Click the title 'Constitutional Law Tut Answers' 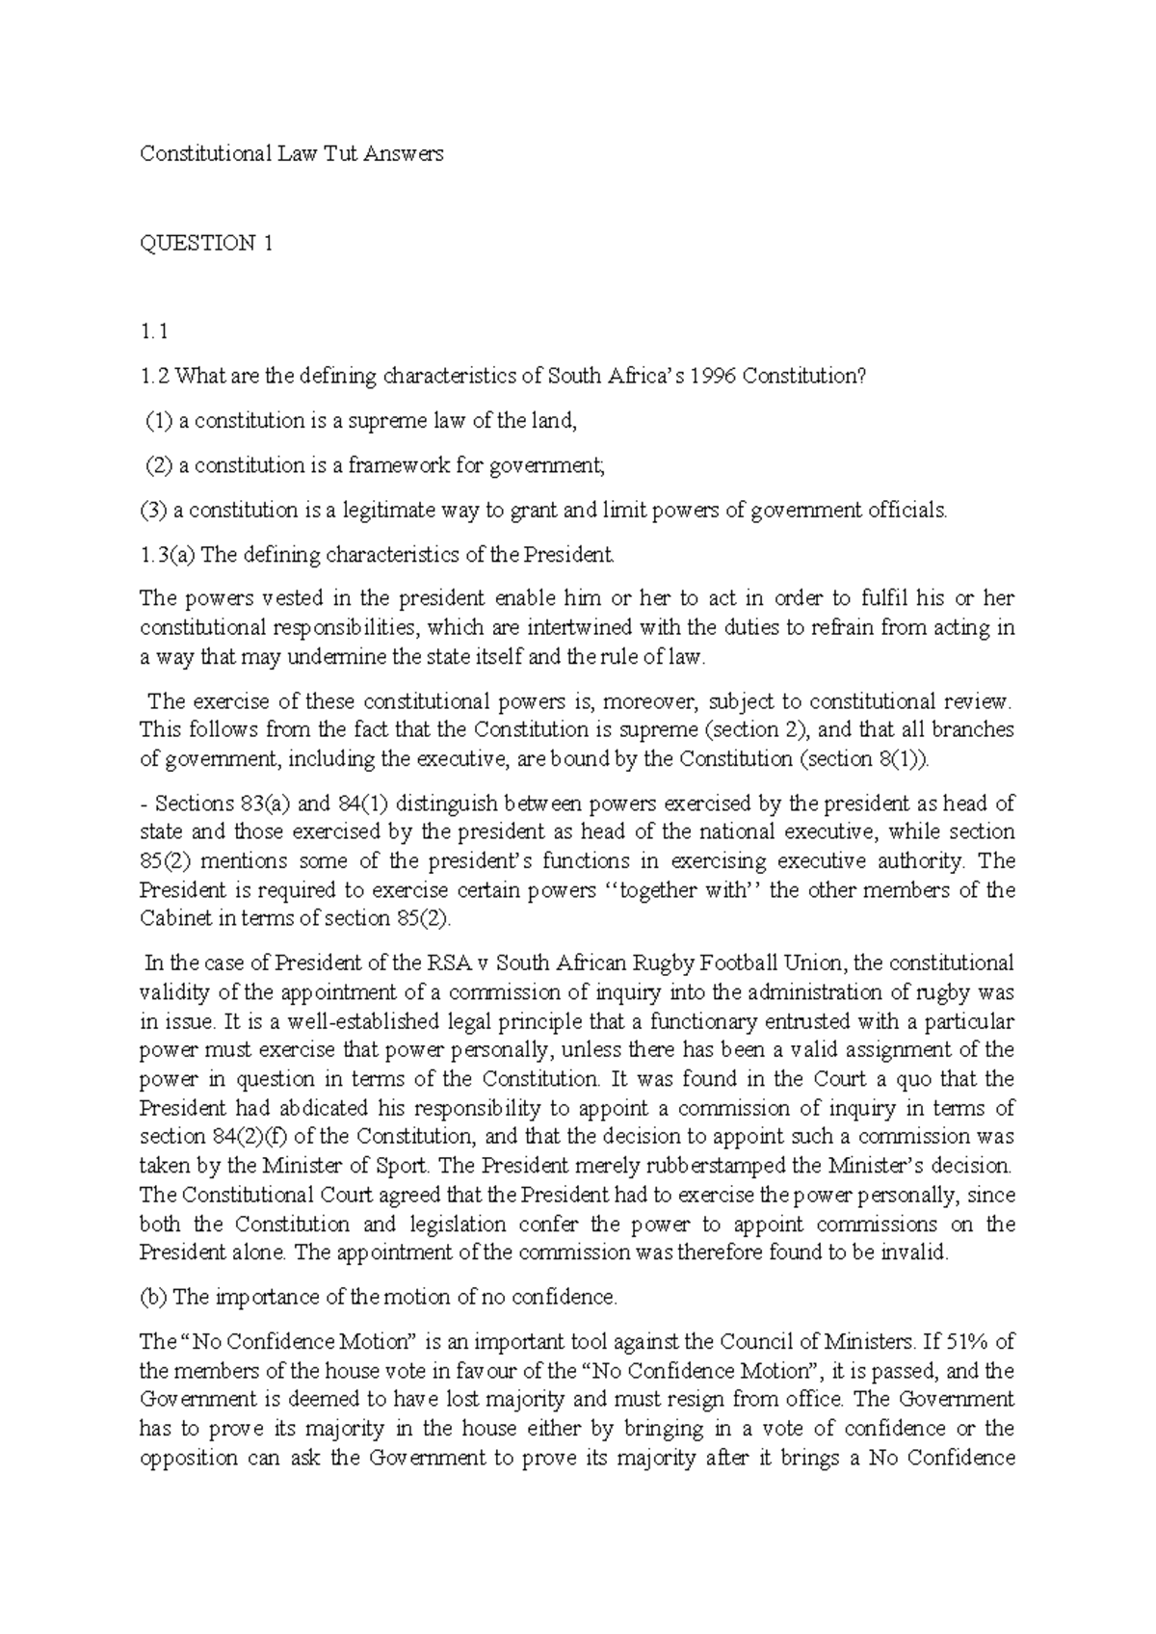click(291, 153)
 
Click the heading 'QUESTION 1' click(206, 243)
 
